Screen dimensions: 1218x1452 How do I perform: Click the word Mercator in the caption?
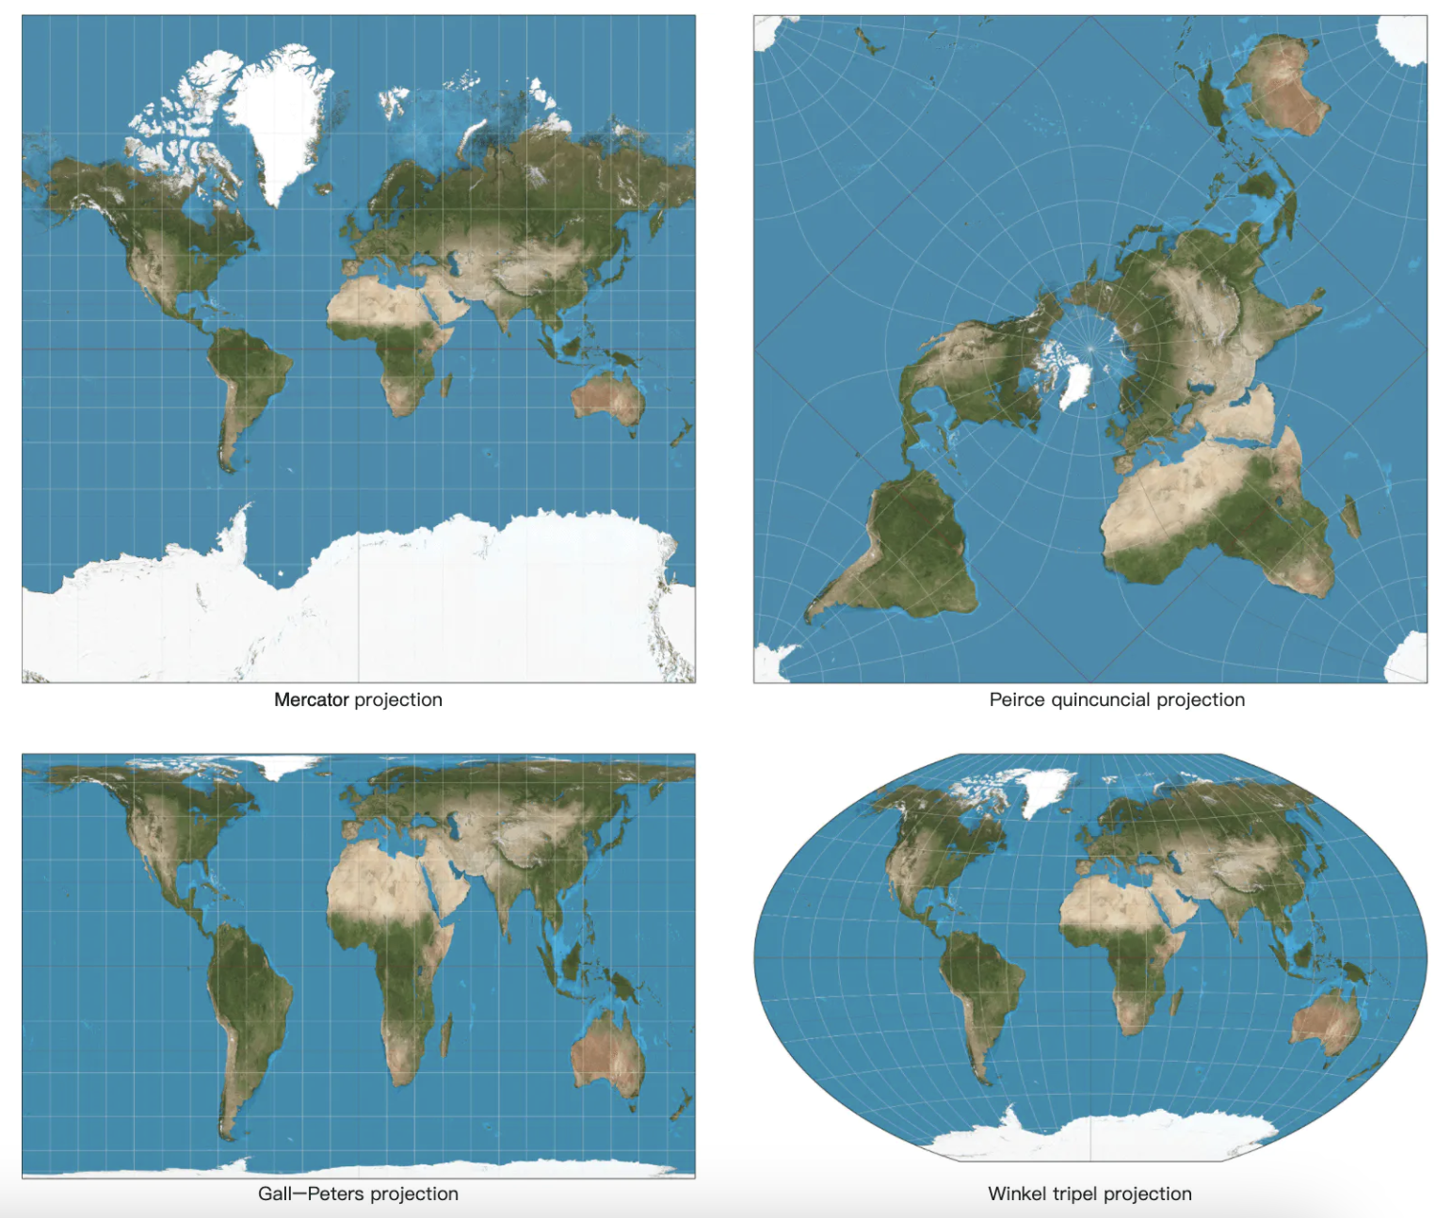tap(311, 699)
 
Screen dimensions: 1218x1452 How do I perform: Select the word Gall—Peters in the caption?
tap(310, 1194)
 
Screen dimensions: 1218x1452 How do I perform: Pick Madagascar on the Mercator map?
tap(445, 384)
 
